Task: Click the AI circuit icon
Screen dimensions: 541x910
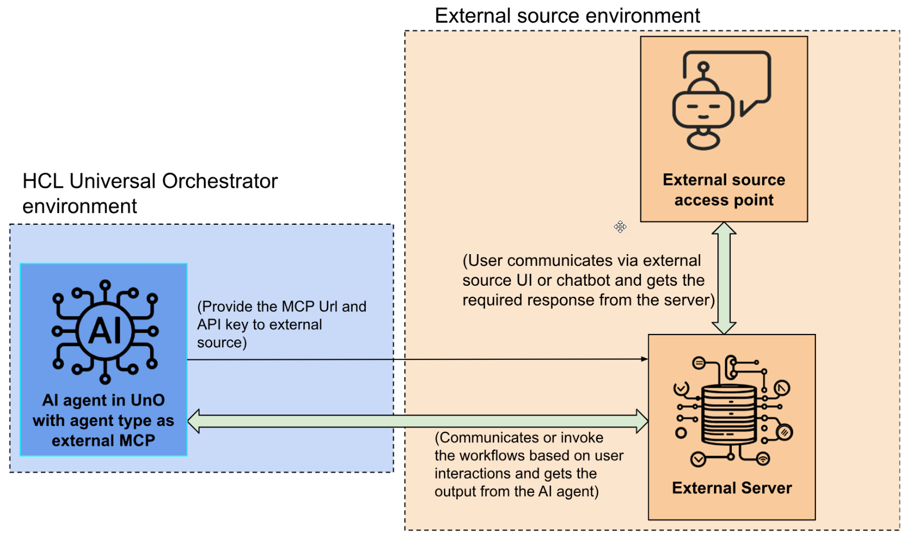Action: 105,332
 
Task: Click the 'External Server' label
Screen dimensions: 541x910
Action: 732,488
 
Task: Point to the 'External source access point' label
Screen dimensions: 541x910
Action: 724,190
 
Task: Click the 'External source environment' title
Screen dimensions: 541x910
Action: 567,16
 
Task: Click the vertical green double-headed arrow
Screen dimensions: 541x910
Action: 724,278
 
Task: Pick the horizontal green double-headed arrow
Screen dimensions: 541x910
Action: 418,421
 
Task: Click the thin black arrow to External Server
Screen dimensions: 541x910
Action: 418,359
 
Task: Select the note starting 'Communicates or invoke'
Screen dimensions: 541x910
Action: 529,465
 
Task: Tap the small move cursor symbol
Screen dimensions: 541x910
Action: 620,226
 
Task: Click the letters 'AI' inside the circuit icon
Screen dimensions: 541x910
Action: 105,332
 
